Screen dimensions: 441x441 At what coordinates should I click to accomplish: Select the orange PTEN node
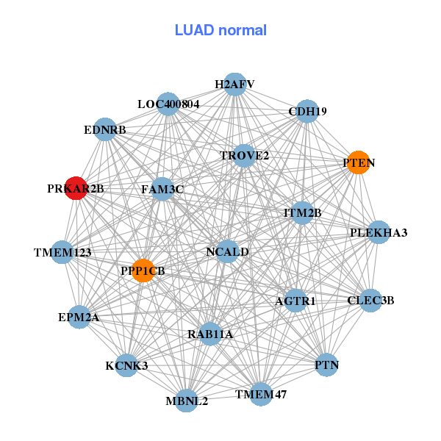357,163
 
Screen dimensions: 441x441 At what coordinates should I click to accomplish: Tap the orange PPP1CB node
143,270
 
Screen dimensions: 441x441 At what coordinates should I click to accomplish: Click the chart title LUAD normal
220,30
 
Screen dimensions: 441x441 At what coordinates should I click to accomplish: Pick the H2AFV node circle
234,84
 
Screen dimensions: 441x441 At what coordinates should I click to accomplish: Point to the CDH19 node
307,111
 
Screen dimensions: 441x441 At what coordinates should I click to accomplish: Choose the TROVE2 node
244,156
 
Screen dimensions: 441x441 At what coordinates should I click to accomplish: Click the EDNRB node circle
105,129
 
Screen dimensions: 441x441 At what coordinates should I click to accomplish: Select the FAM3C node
162,189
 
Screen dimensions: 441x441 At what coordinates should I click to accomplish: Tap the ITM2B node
303,213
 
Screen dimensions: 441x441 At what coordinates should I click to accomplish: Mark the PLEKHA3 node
379,232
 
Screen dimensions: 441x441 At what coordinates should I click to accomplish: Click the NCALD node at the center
228,251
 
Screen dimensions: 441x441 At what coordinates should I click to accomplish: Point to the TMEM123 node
62,252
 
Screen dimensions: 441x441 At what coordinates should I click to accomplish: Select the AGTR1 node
295,301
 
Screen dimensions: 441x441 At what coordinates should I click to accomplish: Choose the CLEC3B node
371,300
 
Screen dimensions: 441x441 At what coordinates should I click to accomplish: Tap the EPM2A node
79,318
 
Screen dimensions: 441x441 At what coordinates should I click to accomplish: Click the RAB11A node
210,334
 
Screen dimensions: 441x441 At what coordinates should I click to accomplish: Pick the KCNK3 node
126,365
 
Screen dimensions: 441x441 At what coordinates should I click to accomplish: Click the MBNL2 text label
187,401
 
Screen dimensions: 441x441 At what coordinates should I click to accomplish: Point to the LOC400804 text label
168,104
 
